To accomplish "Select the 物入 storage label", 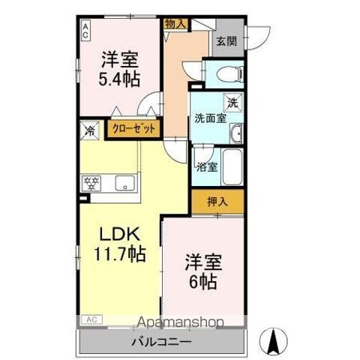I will (x=175, y=25).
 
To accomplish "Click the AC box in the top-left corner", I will (x=85, y=30).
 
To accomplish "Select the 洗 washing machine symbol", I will (x=232, y=102).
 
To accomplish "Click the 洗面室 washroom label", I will (x=210, y=118).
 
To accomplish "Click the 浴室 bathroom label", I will (x=207, y=166).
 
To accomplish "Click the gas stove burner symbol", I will (x=92, y=182).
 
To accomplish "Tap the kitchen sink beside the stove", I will (x=124, y=182).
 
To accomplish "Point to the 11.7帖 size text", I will (x=118, y=253).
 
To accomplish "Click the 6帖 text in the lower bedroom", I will (x=202, y=282).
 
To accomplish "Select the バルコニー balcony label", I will (x=163, y=342).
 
